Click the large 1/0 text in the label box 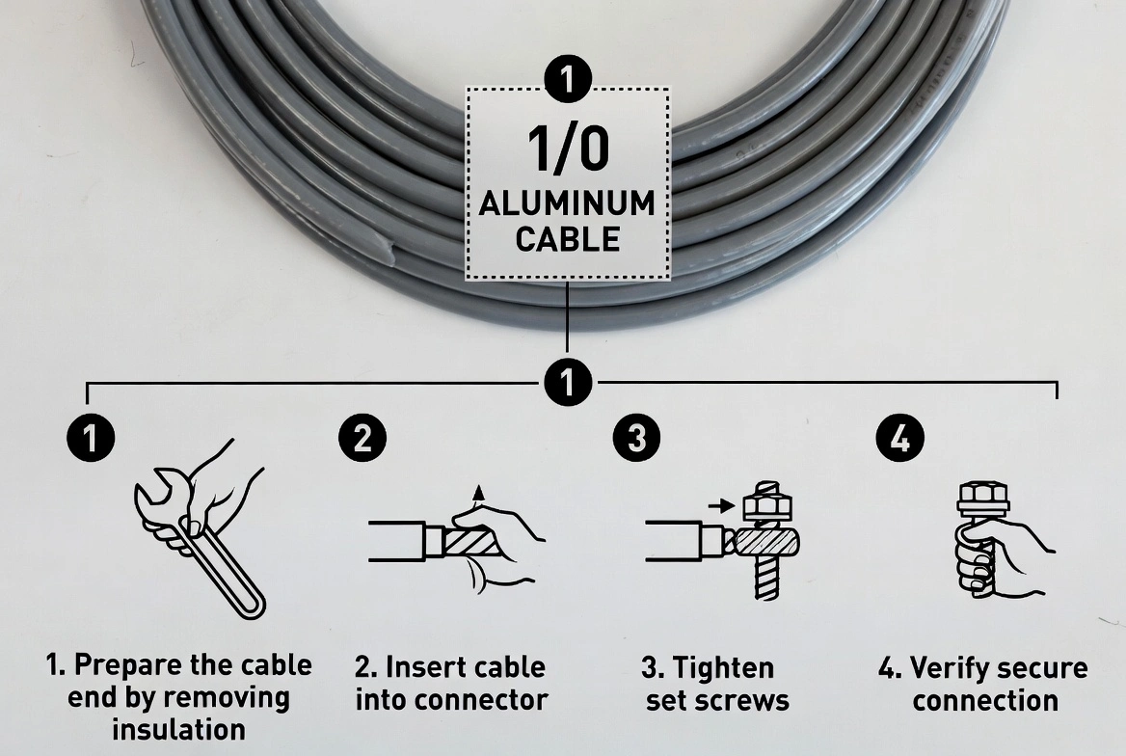(568, 148)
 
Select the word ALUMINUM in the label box (568, 203)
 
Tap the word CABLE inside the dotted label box (568, 239)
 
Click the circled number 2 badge (362, 439)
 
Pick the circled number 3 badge (636, 439)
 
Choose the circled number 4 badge (898, 440)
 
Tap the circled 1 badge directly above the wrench (91, 439)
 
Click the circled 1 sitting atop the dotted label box (568, 78)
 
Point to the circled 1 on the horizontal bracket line (568, 382)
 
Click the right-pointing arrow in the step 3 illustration (719, 503)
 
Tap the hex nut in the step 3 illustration (767, 505)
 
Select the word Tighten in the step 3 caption (722, 667)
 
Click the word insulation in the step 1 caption (178, 729)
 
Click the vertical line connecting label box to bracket (568, 318)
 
